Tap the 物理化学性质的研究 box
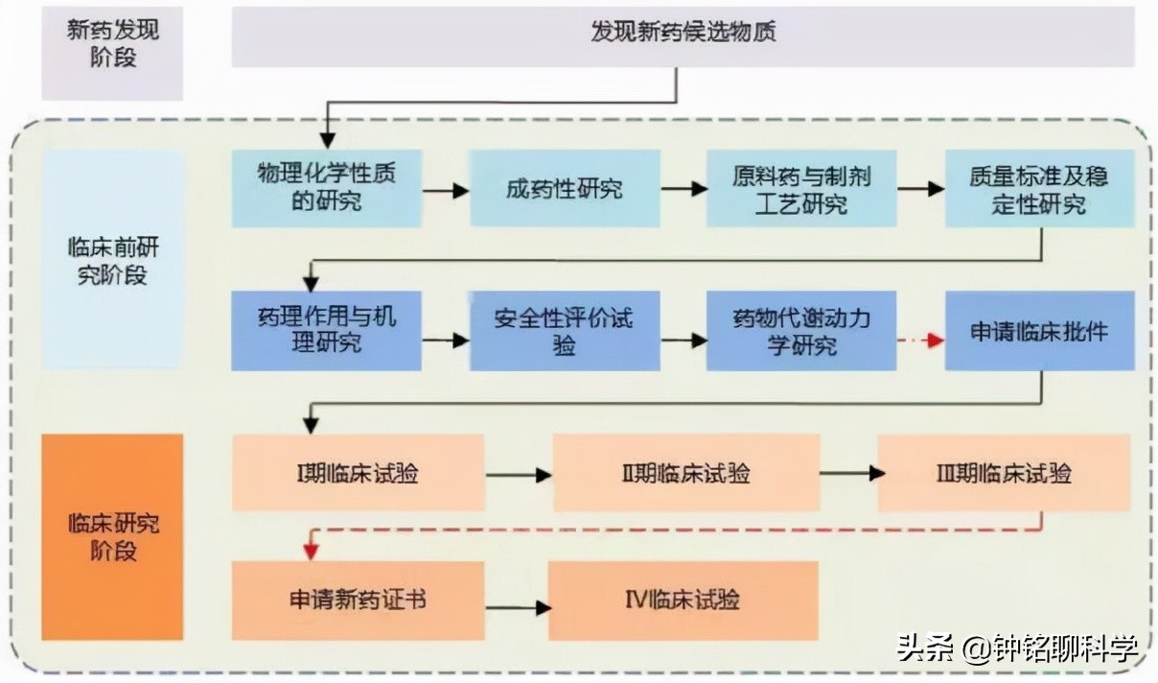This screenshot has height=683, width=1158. [x=326, y=188]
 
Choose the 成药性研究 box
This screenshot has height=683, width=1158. [x=565, y=188]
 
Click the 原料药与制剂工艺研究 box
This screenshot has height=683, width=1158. [x=801, y=188]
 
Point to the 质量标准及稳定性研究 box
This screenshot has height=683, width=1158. [x=1039, y=188]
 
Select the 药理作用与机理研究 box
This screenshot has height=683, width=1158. [x=326, y=330]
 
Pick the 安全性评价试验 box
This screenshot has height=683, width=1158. [x=565, y=330]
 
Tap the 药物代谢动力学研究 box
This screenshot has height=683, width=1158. [x=801, y=330]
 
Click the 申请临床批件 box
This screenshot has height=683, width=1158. [x=1039, y=330]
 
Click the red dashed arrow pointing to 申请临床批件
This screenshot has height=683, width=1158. [x=921, y=341]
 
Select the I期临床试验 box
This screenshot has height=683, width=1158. [x=358, y=473]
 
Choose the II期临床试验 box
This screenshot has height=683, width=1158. [x=686, y=473]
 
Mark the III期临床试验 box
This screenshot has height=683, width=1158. [x=1004, y=473]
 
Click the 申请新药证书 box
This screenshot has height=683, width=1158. [x=358, y=601]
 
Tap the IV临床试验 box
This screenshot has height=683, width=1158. [x=683, y=601]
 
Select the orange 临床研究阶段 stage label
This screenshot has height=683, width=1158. [x=112, y=536]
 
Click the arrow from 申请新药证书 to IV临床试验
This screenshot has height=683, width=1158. [x=518, y=607]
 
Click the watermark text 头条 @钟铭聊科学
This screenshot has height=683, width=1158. [x=1017, y=649]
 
